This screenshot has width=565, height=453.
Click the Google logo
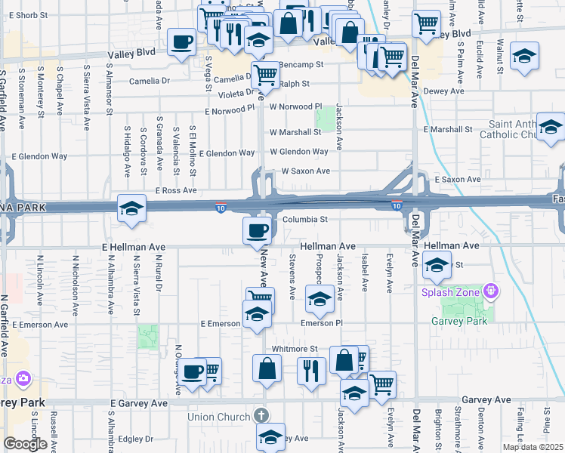pos(25,444)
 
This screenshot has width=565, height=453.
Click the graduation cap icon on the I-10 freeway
pos(131,209)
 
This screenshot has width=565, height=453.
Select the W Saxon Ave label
pos(305,171)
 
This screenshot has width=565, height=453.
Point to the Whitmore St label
pos(295,349)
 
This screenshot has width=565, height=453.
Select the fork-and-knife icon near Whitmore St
pos(311,371)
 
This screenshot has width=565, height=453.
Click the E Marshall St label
pos(448,130)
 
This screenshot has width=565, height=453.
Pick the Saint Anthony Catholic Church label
pos(513,129)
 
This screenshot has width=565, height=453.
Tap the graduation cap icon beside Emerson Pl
pos(319,299)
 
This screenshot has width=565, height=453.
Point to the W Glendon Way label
pos(299,152)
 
